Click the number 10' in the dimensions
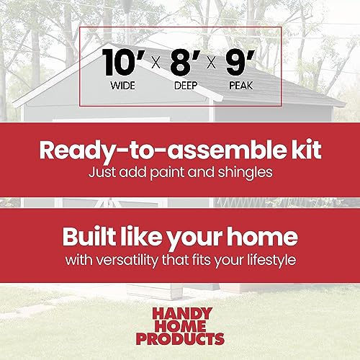click(119, 63)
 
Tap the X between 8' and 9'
click(210, 64)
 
